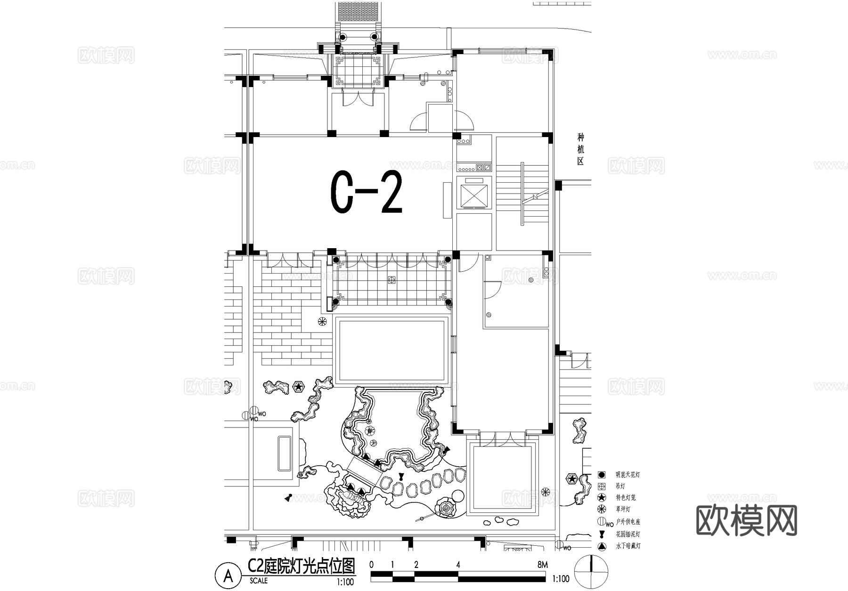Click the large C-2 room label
pos(366,193)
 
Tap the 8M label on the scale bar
pos(542,565)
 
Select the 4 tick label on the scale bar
pos(458,565)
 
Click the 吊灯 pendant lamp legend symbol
pos(601,486)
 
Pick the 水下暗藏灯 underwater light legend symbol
pos(601,546)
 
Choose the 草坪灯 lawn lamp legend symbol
pos(601,509)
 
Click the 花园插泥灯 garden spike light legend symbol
pos(601,534)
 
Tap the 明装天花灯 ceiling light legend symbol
pos(601,475)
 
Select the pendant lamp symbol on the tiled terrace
pos(391,280)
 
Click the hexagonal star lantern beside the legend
pos(571,479)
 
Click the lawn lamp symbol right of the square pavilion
pos(545,492)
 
